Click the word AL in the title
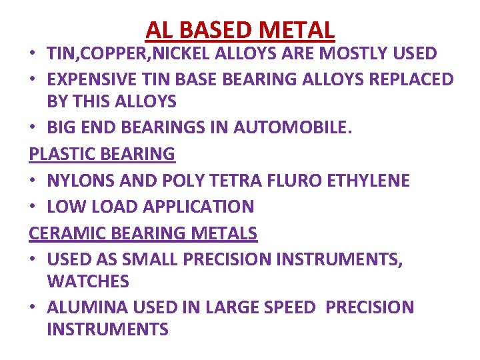pyautogui.click(x=157, y=30)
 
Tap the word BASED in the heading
pyautogui.click(x=209, y=30)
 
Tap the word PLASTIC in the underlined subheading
pyautogui.click(x=61, y=154)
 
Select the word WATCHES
pyautogui.click(x=88, y=281)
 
